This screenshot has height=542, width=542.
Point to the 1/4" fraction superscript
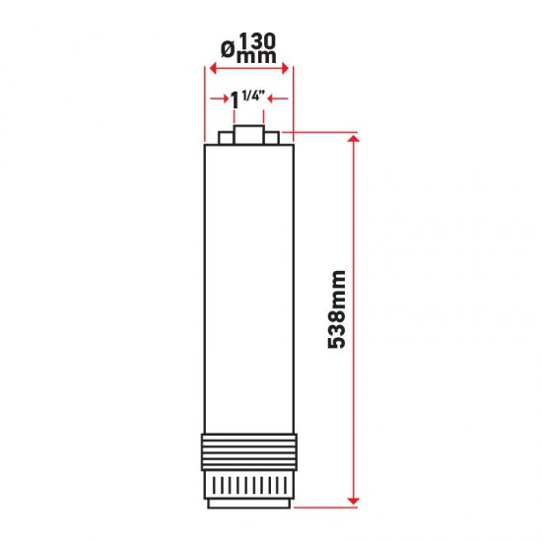252,95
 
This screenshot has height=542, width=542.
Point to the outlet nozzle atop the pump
247,135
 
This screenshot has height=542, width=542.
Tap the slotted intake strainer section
247,484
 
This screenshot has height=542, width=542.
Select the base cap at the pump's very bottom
247,503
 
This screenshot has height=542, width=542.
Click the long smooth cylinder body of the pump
247,286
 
